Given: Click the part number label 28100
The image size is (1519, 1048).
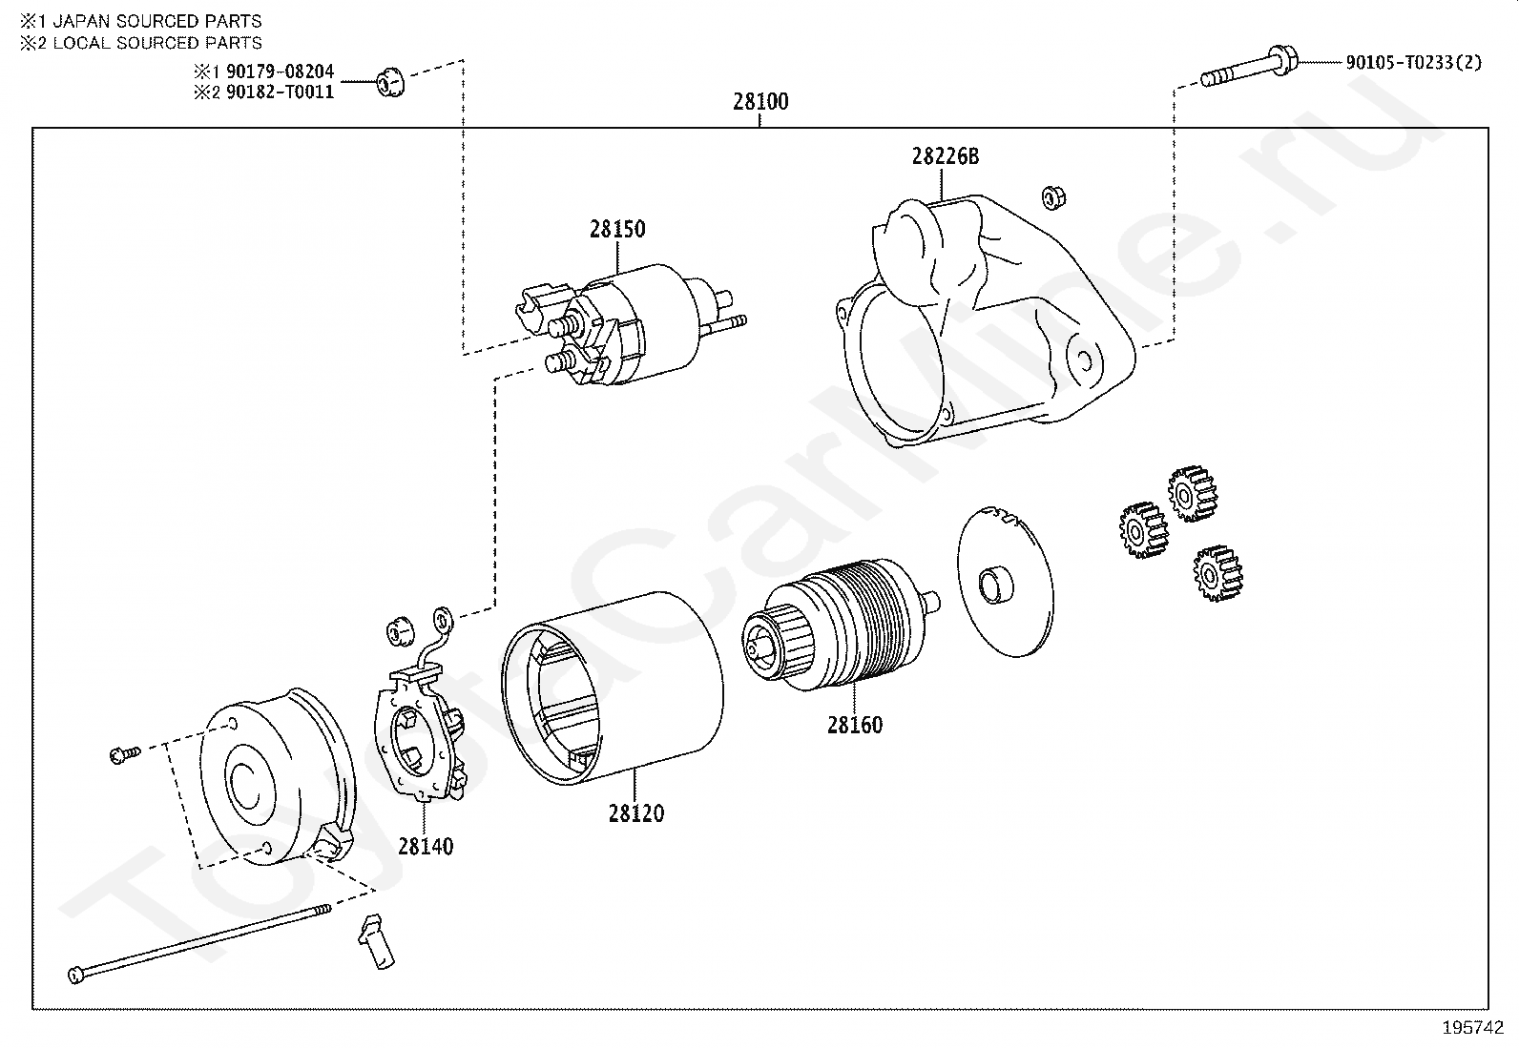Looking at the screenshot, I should point(760,102).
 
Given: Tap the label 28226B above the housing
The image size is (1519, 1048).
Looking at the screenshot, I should point(945,156).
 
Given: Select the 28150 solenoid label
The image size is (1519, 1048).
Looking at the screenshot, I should point(616,229).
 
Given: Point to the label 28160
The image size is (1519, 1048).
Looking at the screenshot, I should point(854,725).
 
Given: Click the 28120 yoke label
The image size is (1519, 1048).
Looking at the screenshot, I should point(635,813).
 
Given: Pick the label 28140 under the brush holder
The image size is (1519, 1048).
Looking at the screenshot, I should point(426,846).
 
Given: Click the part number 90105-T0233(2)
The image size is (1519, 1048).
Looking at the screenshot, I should point(1413,63).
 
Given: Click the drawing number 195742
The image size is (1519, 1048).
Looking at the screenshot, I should point(1472,1028).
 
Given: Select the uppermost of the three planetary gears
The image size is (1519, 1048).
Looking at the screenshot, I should point(1192,493).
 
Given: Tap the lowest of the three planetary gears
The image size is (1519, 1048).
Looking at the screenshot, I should point(1217,573).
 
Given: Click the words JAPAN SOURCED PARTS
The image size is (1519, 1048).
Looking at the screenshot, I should point(156,21).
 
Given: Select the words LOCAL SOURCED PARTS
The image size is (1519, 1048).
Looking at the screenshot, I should point(156,43).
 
